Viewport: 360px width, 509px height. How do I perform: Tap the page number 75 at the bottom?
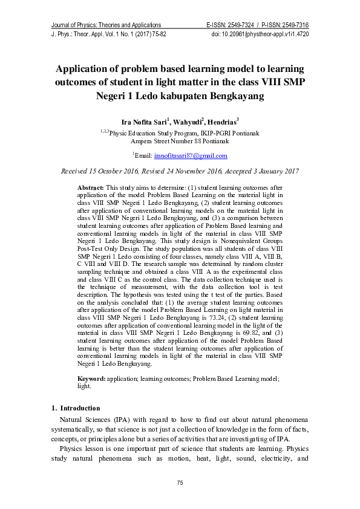180,482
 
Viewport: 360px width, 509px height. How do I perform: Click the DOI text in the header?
260,34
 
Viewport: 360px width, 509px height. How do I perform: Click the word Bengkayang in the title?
235,96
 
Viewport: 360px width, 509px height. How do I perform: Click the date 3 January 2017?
270,172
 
